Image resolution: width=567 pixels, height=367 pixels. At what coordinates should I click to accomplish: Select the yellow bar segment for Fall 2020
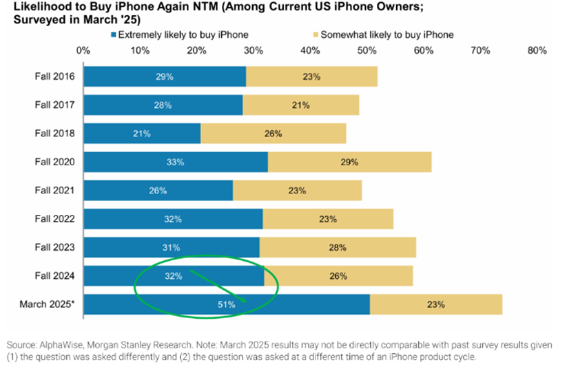349,162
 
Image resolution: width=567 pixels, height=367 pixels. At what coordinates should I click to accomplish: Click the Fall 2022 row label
56,219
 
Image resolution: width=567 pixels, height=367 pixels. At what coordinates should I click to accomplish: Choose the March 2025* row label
50,304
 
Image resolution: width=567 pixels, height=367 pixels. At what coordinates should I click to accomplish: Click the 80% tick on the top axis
537,50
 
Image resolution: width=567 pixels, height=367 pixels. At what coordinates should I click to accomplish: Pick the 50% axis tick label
367,50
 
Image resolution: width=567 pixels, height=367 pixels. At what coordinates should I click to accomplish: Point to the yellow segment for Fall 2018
273,134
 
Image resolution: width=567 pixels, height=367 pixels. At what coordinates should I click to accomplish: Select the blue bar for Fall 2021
158,191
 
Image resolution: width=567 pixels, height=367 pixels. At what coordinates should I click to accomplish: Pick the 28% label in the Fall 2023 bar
337,247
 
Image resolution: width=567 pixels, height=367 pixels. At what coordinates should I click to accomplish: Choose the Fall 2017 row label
56,105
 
